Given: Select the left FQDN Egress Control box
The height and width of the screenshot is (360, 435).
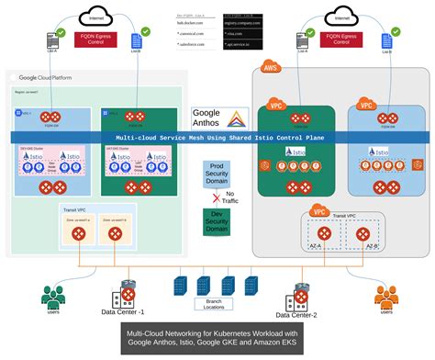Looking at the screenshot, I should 94,40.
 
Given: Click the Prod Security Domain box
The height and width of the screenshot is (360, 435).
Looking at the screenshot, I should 217,174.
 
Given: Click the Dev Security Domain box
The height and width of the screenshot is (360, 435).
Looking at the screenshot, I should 217,220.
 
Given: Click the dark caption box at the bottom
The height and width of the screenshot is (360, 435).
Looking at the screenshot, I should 217,340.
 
